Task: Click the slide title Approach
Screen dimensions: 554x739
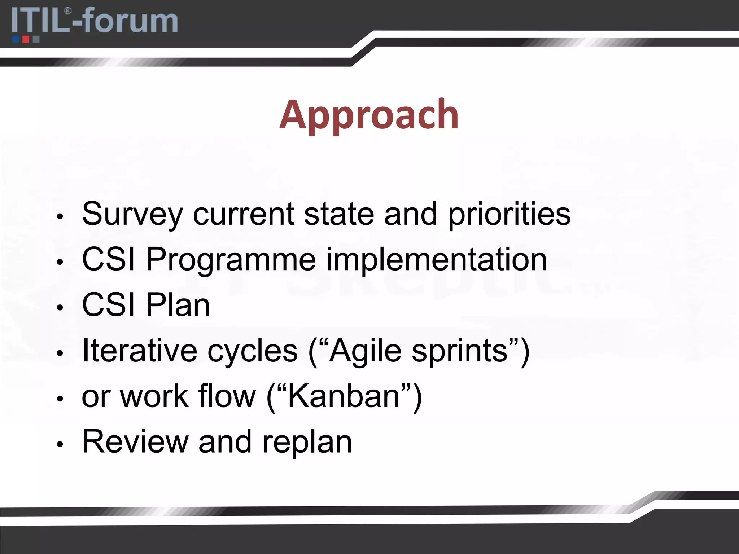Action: (369, 115)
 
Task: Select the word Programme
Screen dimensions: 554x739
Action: (231, 260)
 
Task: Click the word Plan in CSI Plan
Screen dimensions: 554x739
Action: (178, 305)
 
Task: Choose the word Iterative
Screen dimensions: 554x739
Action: (140, 351)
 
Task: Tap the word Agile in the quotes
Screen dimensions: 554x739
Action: (365, 351)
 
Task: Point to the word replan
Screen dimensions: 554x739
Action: (307, 443)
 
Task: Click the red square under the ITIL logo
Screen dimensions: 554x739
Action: (26, 39)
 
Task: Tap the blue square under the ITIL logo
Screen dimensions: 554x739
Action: (16, 39)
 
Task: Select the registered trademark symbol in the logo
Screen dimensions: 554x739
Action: (67, 12)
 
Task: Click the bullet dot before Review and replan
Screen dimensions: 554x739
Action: (60, 444)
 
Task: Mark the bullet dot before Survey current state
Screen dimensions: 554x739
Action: (60, 217)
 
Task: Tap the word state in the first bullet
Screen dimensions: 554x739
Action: (339, 214)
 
